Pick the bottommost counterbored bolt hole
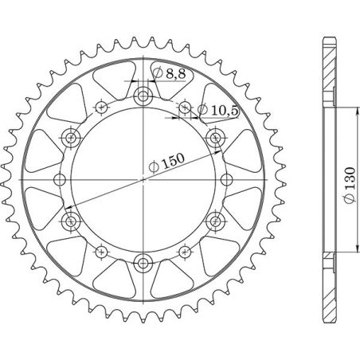tap(143, 261)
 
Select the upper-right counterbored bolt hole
tap(215, 139)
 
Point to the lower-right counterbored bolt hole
tap(215, 220)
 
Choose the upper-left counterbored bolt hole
tap(72, 139)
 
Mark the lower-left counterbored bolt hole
tap(72, 220)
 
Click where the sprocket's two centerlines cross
tap(143, 179)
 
